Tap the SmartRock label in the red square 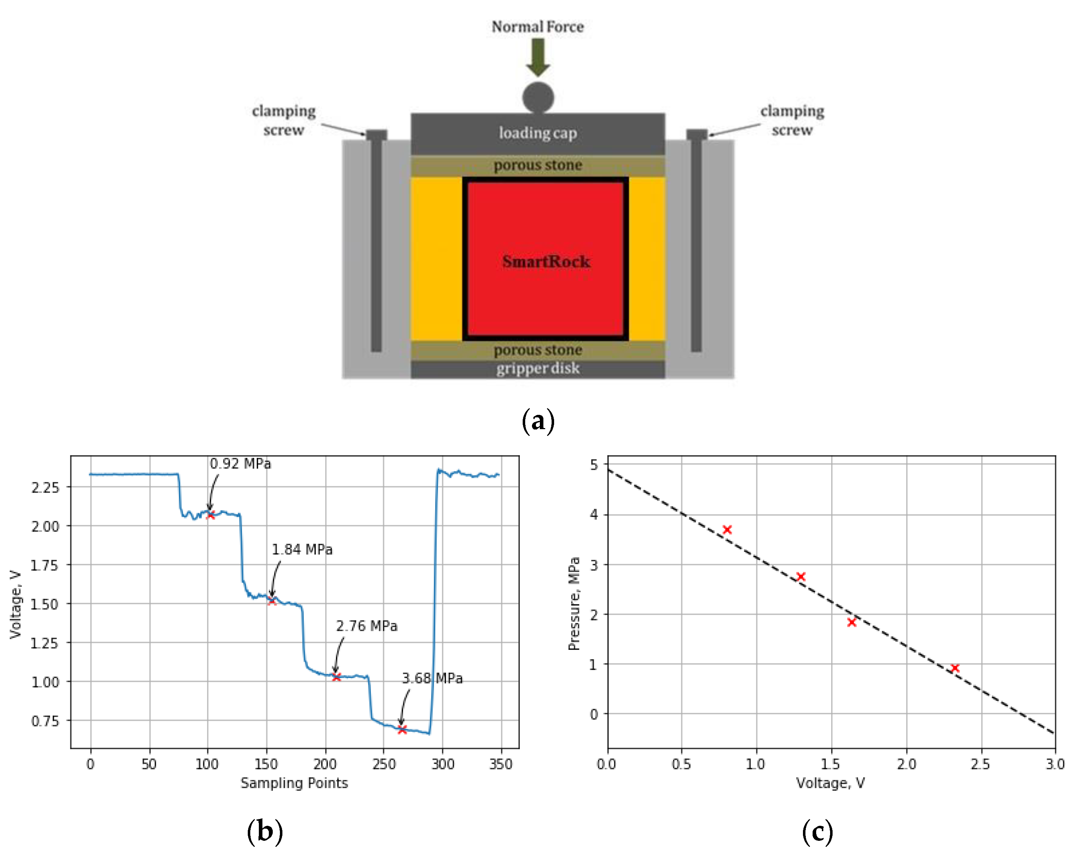pyautogui.click(x=546, y=261)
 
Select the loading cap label pyautogui.click(x=538, y=133)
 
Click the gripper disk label pyautogui.click(x=538, y=368)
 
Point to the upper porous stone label pyautogui.click(x=538, y=165)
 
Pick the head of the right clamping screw pyautogui.click(x=697, y=134)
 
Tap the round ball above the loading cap pyautogui.click(x=538, y=97)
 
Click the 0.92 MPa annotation pyautogui.click(x=240, y=464)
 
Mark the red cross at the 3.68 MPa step pyautogui.click(x=402, y=729)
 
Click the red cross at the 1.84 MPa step pyautogui.click(x=272, y=601)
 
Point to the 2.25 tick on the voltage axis pyautogui.click(x=45, y=487)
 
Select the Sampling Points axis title pyautogui.click(x=294, y=783)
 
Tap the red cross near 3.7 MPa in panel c pyautogui.click(x=727, y=529)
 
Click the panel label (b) pyautogui.click(x=265, y=832)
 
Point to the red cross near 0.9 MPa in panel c pyautogui.click(x=955, y=668)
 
